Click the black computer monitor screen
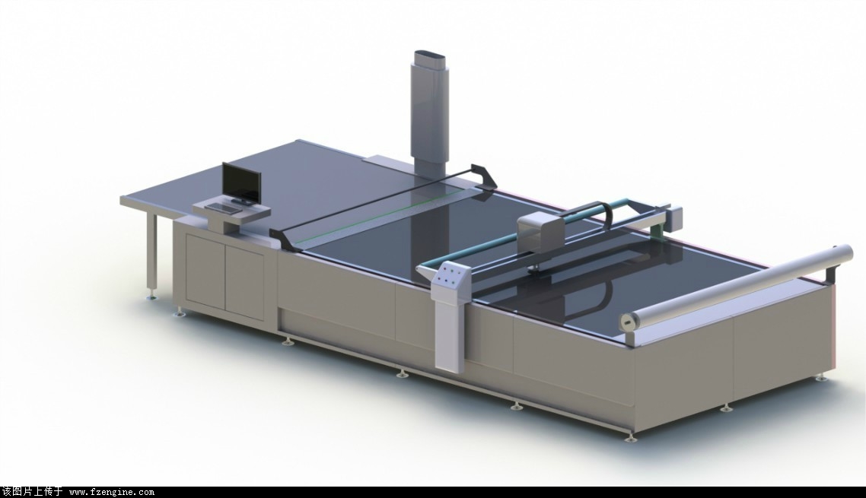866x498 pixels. (x=242, y=182)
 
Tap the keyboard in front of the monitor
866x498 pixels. (x=221, y=208)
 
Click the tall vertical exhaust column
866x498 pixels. (x=431, y=115)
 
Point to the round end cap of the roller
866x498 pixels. (x=627, y=321)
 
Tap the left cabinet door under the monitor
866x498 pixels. (x=205, y=271)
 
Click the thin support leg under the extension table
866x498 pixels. (x=151, y=255)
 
